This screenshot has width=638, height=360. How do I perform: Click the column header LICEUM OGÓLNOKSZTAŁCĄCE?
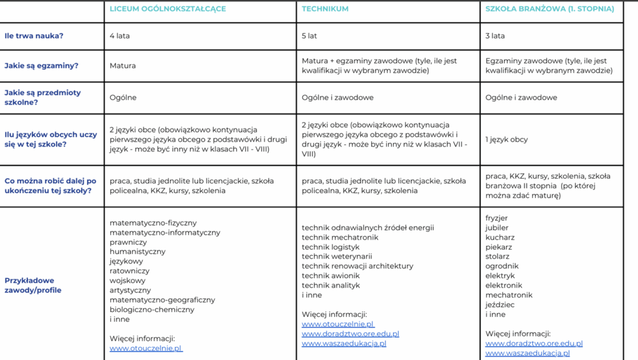click(168, 9)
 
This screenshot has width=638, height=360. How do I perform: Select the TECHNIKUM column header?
click(325, 9)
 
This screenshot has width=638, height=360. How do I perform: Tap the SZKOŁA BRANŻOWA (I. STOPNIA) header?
click(550, 9)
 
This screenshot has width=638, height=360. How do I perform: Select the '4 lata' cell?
click(120, 36)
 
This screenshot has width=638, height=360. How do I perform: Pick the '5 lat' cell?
click(309, 36)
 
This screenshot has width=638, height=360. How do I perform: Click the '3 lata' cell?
click(495, 36)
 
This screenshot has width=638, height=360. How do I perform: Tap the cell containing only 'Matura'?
click(123, 65)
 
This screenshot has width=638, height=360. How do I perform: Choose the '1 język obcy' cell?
click(507, 140)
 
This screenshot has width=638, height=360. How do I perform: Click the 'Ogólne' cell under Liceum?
click(123, 98)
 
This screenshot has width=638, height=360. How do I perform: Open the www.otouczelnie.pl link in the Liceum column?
click(146, 349)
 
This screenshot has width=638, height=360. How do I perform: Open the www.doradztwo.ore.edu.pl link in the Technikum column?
click(350, 334)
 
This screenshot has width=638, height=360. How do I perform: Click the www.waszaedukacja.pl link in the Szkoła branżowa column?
click(527, 353)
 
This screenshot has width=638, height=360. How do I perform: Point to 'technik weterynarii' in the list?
click(337, 257)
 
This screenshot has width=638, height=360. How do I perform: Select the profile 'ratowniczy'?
click(130, 271)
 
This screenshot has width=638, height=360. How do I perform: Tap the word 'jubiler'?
click(497, 228)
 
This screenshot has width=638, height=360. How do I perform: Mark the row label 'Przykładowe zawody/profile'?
click(33, 285)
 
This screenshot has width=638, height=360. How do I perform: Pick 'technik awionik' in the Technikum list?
click(331, 276)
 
